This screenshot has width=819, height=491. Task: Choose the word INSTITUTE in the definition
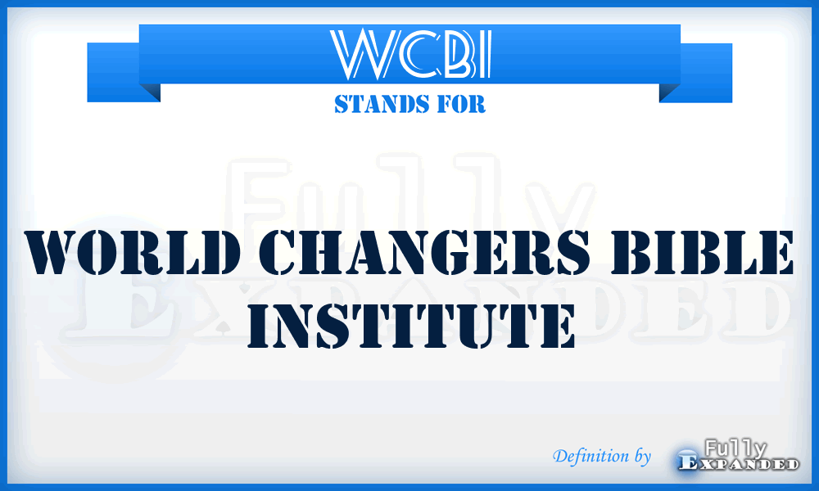pyautogui.click(x=409, y=325)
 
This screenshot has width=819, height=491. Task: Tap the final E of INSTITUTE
pyautogui.click(x=551, y=325)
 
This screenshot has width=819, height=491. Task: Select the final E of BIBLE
pyautogui.click(x=776, y=255)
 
